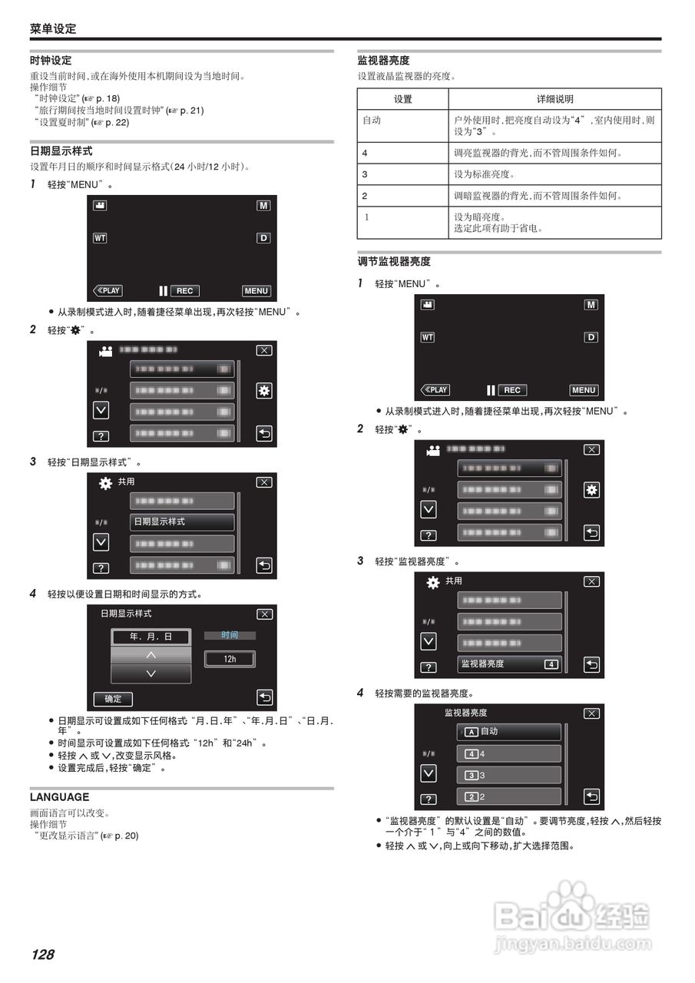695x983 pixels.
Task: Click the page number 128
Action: (43, 955)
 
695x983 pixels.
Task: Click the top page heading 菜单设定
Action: (53, 28)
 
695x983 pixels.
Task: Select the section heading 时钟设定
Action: (51, 60)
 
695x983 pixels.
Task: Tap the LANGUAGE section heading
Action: (59, 797)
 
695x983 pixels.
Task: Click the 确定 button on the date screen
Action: (113, 699)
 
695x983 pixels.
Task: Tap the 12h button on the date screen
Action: (230, 659)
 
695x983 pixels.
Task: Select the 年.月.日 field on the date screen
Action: (151, 637)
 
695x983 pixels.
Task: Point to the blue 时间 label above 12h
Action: (230, 635)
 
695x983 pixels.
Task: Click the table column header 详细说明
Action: (554, 99)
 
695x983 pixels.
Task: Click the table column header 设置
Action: (402, 99)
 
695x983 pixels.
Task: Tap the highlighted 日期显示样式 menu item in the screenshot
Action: (181, 521)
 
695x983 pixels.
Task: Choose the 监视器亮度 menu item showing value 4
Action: (509, 664)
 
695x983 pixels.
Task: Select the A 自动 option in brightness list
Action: (508, 731)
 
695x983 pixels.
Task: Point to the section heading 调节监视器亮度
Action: (394, 262)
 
